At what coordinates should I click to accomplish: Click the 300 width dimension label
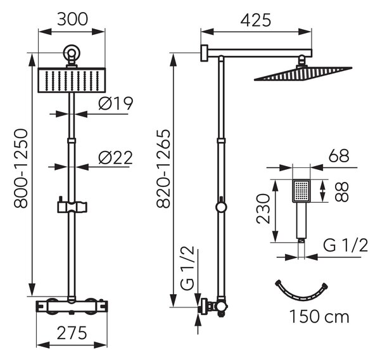(72, 19)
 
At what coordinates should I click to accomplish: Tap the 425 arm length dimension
(256, 20)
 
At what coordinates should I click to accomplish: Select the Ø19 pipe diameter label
(116, 103)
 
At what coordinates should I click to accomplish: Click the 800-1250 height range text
(21, 169)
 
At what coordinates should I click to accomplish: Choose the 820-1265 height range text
(163, 169)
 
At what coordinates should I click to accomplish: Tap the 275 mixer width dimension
(72, 333)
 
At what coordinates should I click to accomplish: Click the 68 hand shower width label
(339, 155)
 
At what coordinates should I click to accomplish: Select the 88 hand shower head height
(342, 191)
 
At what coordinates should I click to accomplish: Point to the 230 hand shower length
(263, 209)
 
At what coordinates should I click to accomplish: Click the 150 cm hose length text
(319, 316)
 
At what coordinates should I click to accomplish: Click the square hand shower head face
(301, 191)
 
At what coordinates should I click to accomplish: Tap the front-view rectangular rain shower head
(72, 80)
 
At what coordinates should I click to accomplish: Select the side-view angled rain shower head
(303, 74)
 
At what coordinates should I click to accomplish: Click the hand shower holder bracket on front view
(72, 207)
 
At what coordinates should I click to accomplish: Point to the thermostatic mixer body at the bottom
(72, 307)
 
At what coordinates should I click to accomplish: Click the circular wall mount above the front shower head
(72, 53)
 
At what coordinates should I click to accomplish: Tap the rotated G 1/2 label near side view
(187, 268)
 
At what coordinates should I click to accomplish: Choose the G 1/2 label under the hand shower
(346, 245)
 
